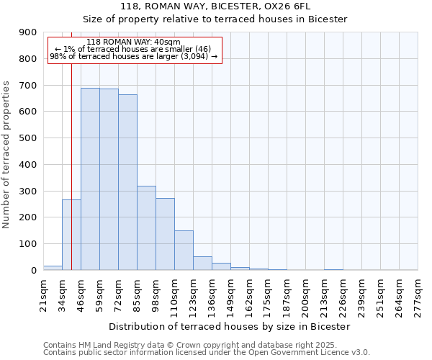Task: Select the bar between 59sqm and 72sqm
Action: [109, 179]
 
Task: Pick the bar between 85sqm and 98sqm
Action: [146, 228]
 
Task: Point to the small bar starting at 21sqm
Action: [53, 268]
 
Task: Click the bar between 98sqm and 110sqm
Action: [165, 234]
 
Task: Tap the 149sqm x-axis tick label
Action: [230, 294]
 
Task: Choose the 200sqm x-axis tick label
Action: [305, 294]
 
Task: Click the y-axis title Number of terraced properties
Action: [7, 155]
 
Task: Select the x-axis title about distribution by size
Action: [230, 326]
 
